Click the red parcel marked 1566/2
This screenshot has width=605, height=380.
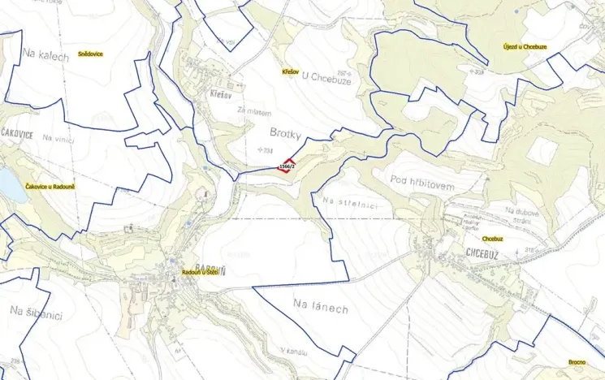point(286,166)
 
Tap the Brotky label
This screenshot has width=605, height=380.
point(284,130)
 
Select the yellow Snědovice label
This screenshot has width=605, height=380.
point(90,54)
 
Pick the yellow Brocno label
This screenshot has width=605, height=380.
point(577,362)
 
